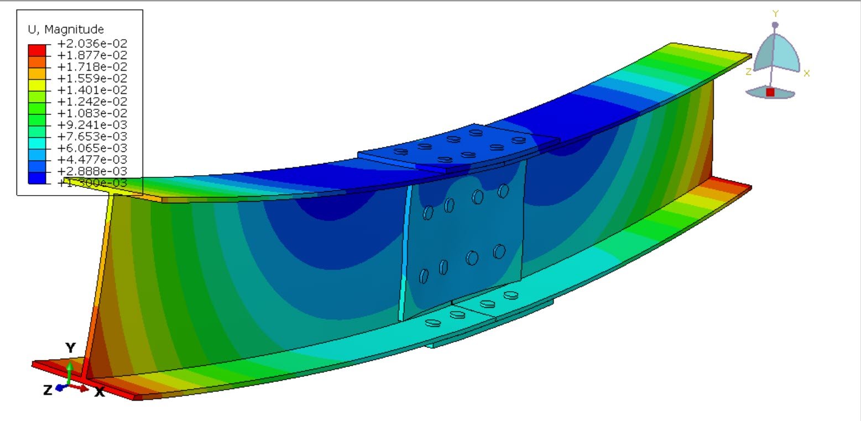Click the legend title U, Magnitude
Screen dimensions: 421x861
point(65,29)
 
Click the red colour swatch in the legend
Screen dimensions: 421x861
point(36,49)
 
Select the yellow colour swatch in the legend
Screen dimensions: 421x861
point(36,84)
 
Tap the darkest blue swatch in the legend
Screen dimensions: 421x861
point(36,177)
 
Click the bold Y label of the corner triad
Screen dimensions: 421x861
point(70,348)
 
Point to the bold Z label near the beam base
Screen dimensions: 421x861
point(48,390)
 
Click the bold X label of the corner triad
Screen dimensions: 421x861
point(100,392)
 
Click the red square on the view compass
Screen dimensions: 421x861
point(770,92)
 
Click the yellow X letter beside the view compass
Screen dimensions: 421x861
point(806,73)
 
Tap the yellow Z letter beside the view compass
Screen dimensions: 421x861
point(748,72)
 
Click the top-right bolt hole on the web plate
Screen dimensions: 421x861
point(503,191)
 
